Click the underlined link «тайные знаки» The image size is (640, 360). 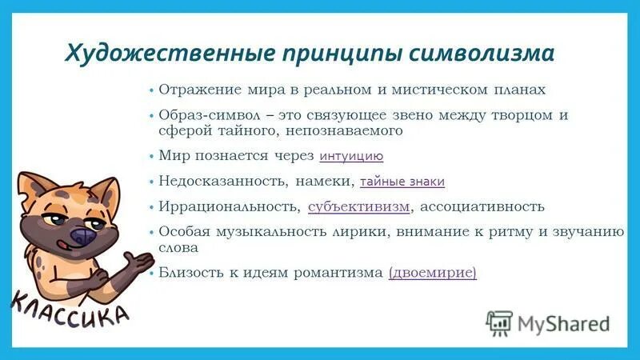click(x=402, y=182)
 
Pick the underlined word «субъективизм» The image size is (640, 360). click(x=359, y=206)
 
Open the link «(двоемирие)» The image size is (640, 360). click(x=432, y=273)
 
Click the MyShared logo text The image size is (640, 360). click(x=563, y=324)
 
